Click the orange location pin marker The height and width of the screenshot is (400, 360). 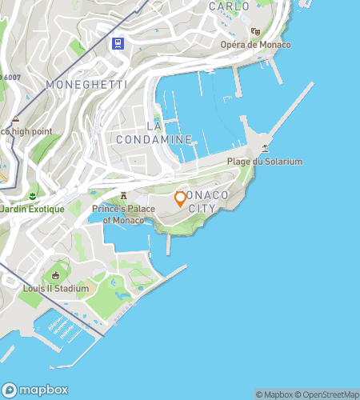(x=181, y=199)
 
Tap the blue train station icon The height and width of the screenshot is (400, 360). (x=118, y=44)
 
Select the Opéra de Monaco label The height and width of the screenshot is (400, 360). (x=256, y=45)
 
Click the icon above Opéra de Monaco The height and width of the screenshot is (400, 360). (x=256, y=32)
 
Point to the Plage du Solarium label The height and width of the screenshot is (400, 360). (x=265, y=162)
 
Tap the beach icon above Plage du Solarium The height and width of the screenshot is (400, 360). (x=265, y=148)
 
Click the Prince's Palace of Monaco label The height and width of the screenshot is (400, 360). (x=122, y=214)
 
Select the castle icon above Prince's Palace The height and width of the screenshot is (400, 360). (x=123, y=195)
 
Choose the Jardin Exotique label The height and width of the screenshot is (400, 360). (x=32, y=209)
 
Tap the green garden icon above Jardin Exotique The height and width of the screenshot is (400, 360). (x=33, y=195)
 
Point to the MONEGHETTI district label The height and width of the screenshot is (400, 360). (x=75, y=84)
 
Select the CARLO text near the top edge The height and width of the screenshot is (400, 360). (x=229, y=6)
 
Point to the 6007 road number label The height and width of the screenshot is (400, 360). (x=10, y=77)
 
